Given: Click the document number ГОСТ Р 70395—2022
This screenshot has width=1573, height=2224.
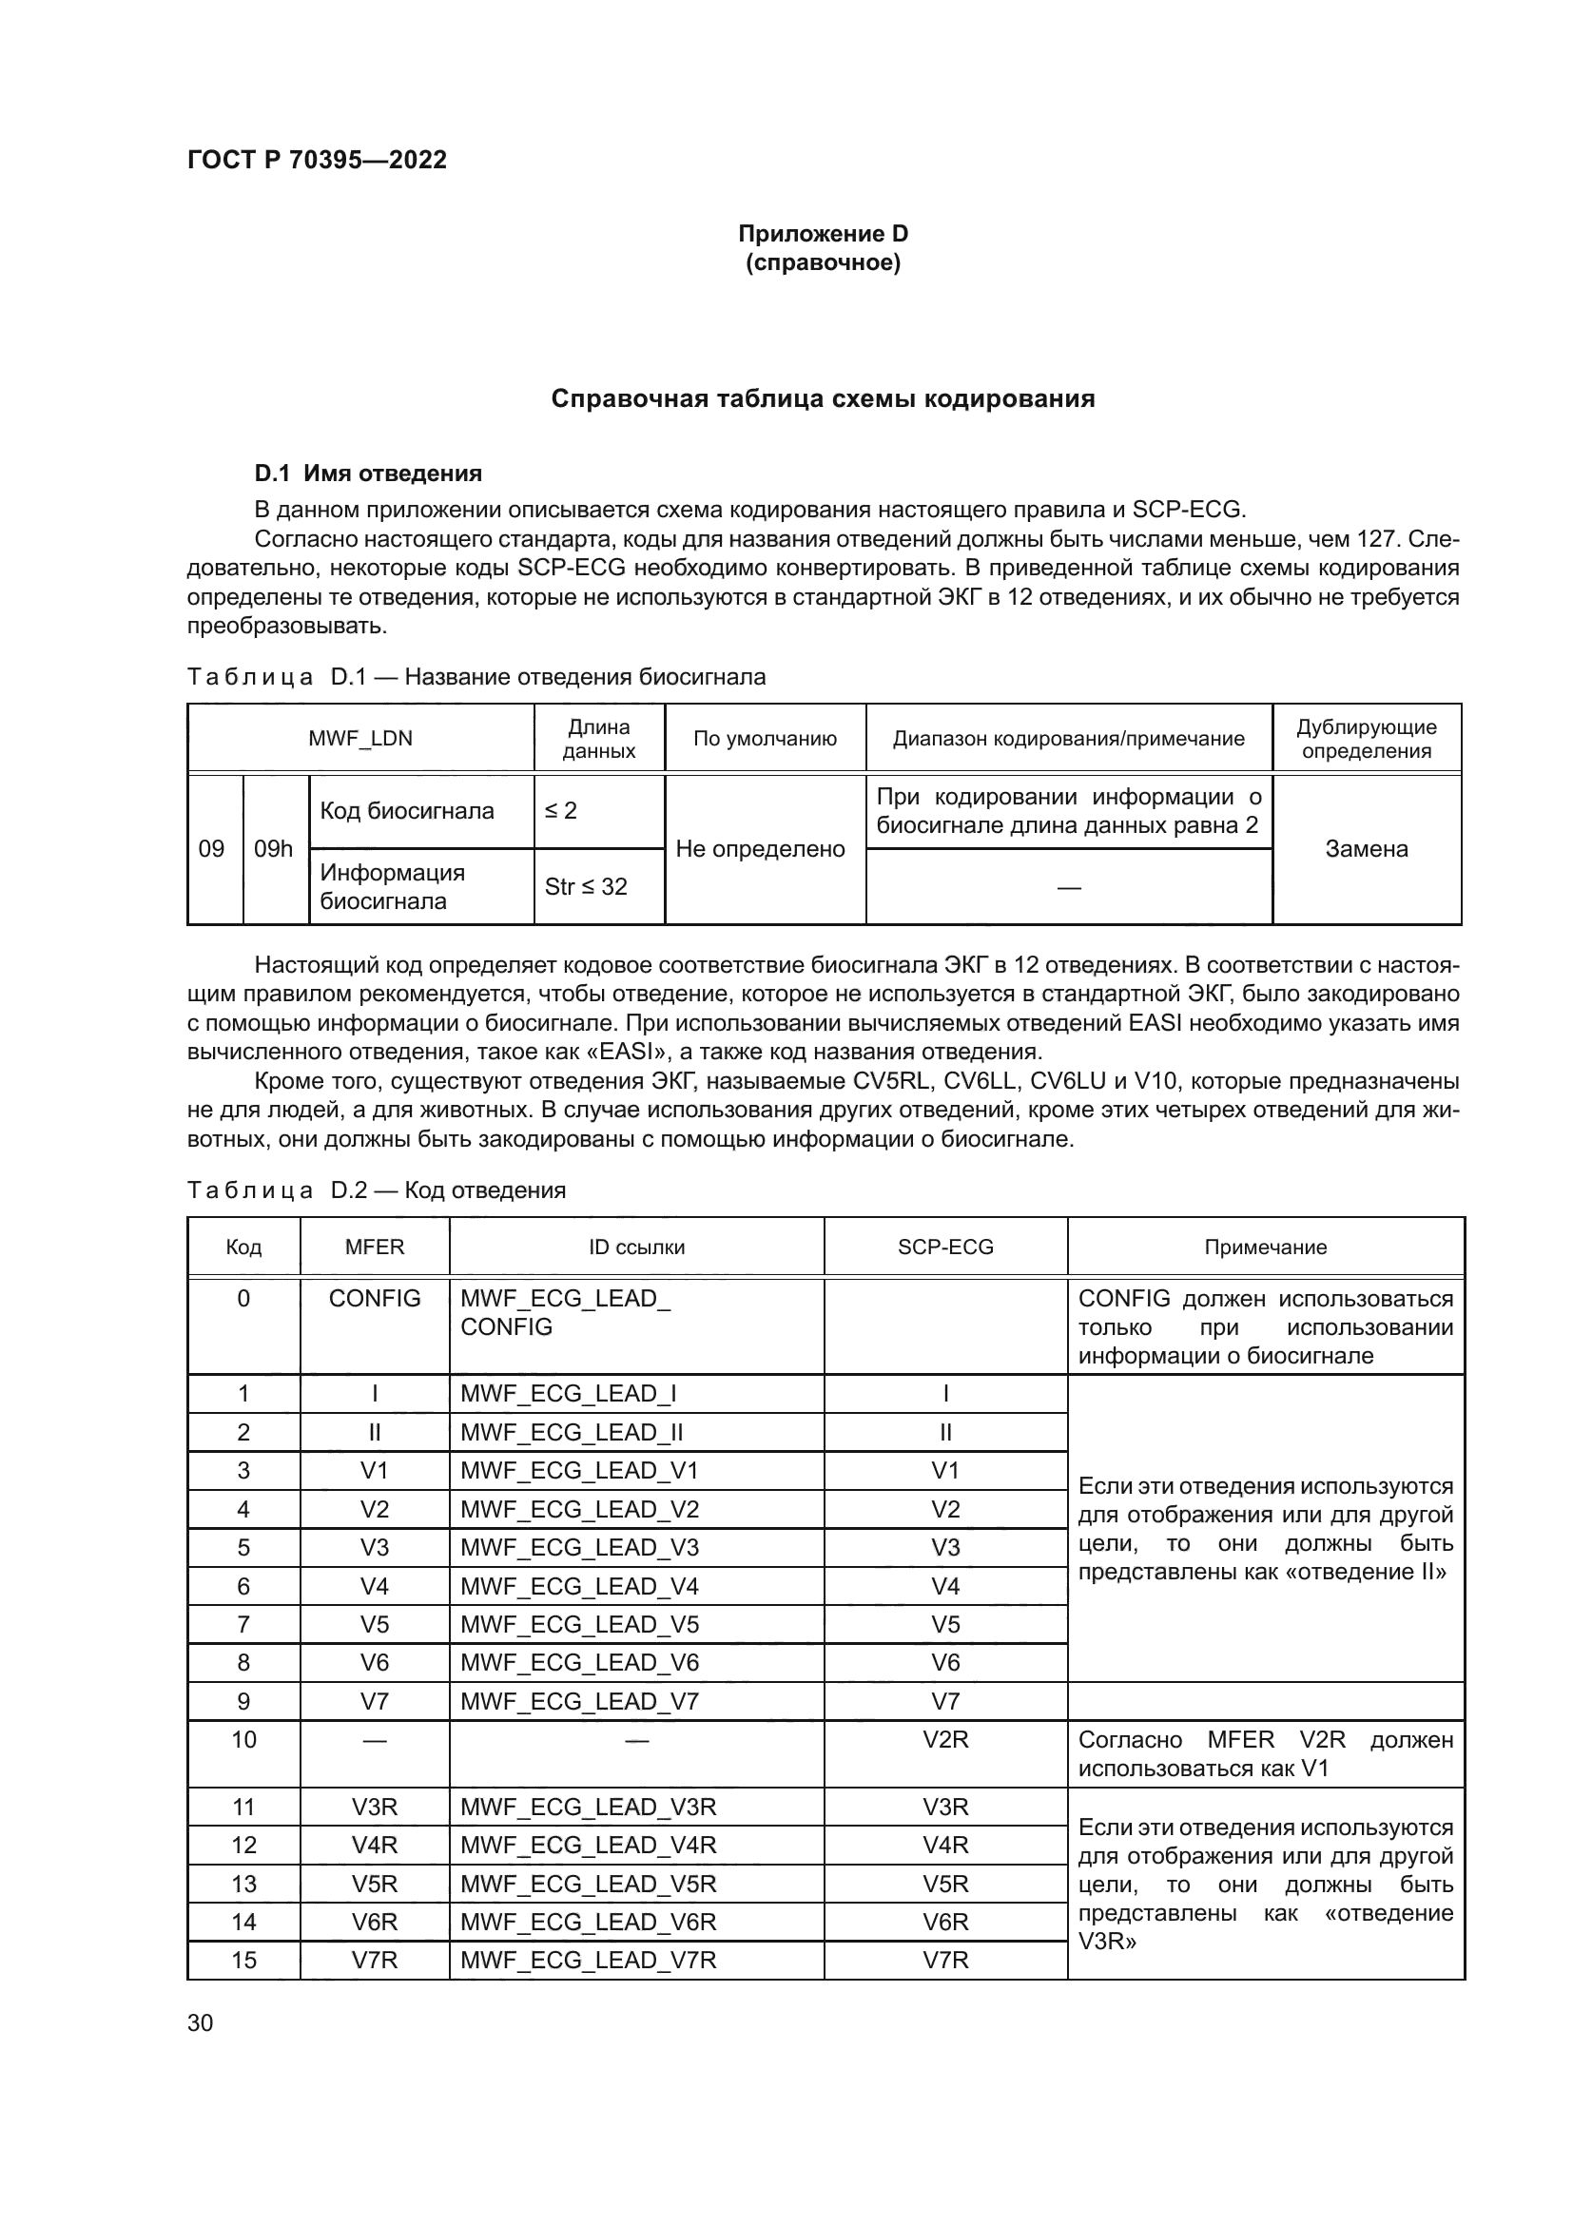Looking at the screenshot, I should [x=317, y=160].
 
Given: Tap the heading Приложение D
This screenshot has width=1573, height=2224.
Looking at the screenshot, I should [x=823, y=234].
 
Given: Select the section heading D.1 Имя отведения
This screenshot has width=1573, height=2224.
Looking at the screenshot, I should [x=368, y=474].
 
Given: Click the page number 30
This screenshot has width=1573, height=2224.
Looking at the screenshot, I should [x=200, y=2022].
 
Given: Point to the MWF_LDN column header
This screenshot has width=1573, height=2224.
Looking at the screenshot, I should [x=360, y=738].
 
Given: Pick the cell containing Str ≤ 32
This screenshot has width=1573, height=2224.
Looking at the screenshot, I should [x=586, y=886].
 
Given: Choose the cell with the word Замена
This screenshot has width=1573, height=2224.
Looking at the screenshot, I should [x=1366, y=848].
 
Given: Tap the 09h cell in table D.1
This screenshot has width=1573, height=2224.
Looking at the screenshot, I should [x=273, y=848].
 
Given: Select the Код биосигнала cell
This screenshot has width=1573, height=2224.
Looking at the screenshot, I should [x=407, y=811].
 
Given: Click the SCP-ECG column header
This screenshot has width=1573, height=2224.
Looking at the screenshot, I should [x=945, y=1247].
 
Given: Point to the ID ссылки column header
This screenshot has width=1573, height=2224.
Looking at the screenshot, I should [x=636, y=1247].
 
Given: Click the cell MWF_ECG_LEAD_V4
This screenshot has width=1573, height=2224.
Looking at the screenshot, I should [x=579, y=1586].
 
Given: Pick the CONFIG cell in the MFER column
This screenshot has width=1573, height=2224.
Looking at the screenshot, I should [x=375, y=1298].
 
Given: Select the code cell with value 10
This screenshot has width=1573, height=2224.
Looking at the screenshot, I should [x=243, y=1740].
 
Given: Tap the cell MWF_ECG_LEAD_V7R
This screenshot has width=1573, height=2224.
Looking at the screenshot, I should [x=588, y=1960].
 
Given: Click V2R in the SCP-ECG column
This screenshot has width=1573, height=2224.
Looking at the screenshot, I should [x=945, y=1740].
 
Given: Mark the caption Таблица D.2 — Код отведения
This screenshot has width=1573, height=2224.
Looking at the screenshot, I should [x=376, y=1189].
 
